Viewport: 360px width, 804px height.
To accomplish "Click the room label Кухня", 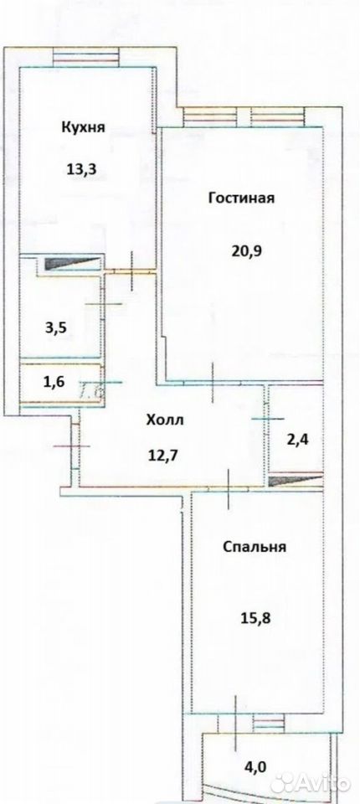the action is tap(84, 127).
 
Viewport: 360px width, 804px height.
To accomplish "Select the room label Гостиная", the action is tap(242, 198).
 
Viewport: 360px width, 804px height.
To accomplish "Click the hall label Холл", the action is tap(165, 421).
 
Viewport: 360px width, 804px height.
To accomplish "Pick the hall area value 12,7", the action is tap(164, 454).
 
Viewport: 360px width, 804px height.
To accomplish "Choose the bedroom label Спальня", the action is tap(255, 547).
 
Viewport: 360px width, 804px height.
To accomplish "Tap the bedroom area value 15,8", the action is tap(255, 618).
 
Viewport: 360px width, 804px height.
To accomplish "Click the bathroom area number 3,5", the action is tap(55, 328).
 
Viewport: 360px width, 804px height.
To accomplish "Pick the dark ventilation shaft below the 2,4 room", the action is tap(296, 480).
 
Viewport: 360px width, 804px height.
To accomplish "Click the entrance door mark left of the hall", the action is tap(72, 446).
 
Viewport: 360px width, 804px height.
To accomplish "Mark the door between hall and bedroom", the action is tap(229, 488).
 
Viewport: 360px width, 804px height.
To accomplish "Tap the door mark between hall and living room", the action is tap(213, 382).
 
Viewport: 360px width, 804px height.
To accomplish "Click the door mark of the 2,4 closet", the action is tap(267, 419).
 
